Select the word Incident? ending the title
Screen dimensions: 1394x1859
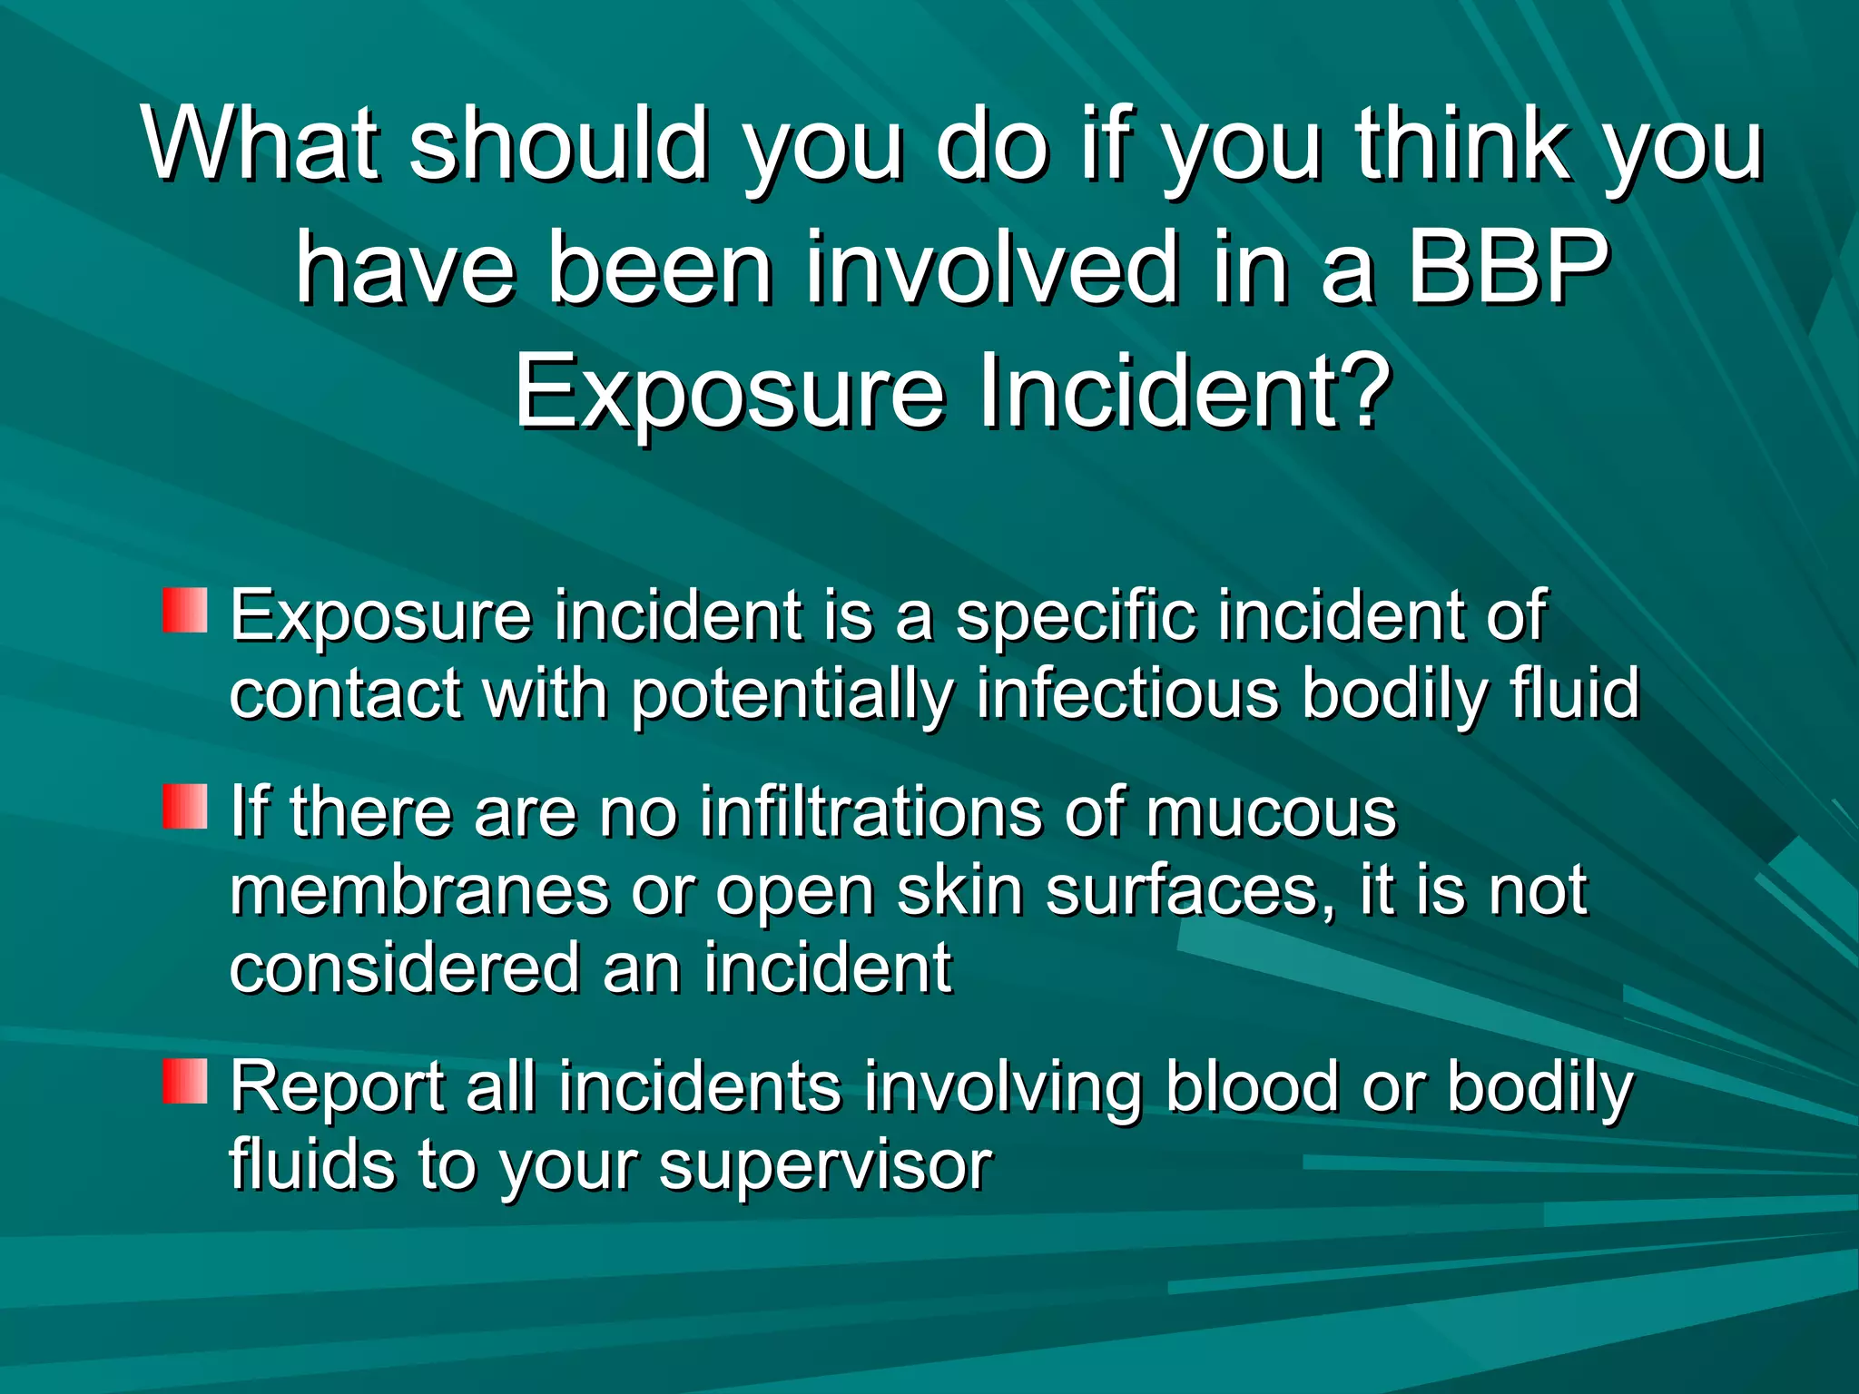click(1185, 392)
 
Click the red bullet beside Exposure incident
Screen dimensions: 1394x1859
click(185, 611)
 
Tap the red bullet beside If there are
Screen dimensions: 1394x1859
click(185, 807)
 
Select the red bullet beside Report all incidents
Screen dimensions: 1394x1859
click(185, 1082)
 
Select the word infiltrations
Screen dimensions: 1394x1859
click(870, 812)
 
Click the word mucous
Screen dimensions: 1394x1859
click(1271, 812)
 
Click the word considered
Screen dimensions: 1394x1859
click(404, 968)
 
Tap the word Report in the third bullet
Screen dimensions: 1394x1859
click(335, 1087)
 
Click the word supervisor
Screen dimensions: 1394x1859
click(825, 1166)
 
